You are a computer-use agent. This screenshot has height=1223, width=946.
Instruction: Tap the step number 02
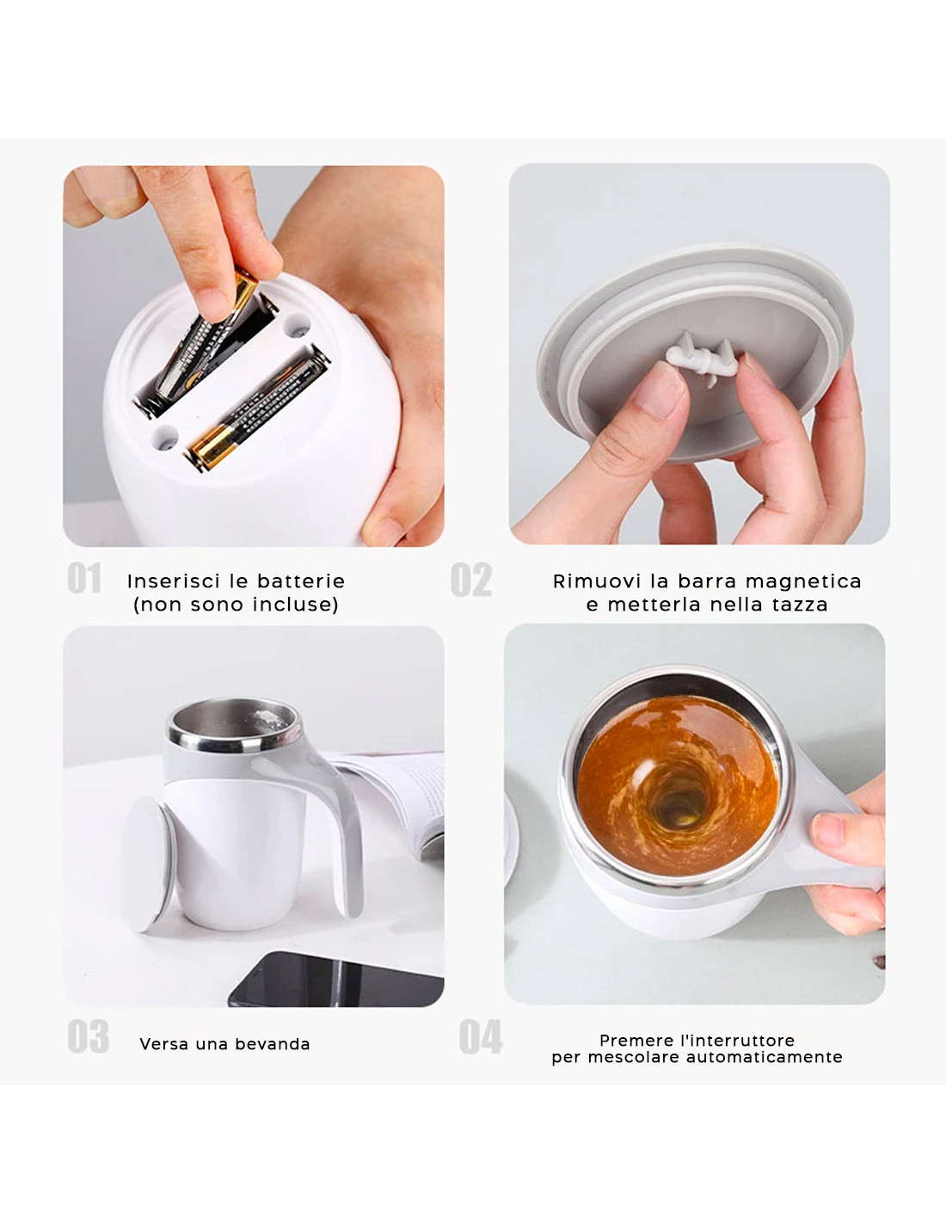point(471,579)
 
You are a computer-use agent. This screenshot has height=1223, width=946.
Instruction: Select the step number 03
point(88,1036)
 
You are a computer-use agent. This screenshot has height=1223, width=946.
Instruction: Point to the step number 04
point(480,1036)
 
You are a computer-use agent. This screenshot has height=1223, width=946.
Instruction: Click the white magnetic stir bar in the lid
point(703,359)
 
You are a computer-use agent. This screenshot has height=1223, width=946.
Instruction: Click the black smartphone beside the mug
point(335,980)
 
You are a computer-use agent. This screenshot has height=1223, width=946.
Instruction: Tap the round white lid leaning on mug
point(147,863)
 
